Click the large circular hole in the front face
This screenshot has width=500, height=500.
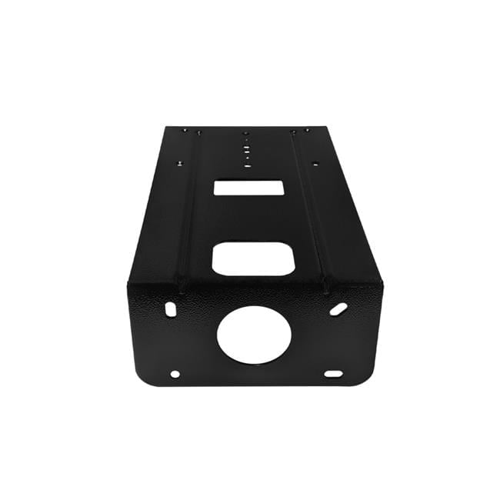click(254, 335)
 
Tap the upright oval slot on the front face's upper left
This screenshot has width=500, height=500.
click(170, 308)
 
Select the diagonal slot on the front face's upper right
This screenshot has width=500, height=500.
click(338, 308)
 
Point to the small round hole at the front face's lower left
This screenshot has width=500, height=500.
click(175, 374)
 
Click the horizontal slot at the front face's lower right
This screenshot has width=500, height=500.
click(333, 374)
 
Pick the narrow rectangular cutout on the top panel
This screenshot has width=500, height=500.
click(248, 187)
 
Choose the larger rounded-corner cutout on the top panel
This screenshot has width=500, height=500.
click(252, 259)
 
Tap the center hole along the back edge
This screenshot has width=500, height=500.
click(245, 132)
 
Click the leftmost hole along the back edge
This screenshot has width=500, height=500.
click(183, 131)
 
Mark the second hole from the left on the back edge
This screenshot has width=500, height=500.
click(198, 132)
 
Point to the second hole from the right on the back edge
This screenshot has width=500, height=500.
click(293, 132)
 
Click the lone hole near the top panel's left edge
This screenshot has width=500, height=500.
click(179, 163)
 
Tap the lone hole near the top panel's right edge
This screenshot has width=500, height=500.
click(314, 163)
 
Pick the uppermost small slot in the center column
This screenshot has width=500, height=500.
click(246, 141)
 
